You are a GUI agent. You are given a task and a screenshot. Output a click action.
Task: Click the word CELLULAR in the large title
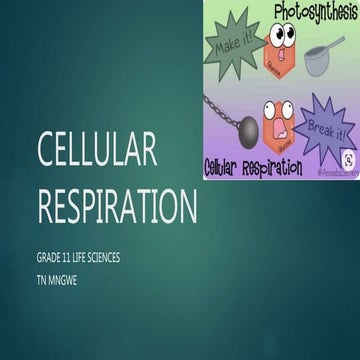click(97, 149)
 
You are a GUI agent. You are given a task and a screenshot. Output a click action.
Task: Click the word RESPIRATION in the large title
click(117, 205)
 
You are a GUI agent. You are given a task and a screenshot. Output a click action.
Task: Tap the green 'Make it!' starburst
click(233, 46)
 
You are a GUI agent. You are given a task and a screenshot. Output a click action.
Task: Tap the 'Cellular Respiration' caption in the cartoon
click(251, 166)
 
